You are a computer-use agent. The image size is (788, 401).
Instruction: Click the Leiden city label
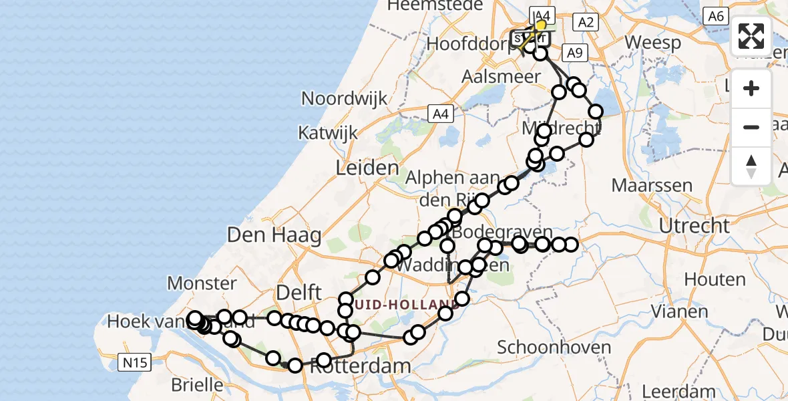coord(368,167)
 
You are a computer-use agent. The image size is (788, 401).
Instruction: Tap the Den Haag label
coord(274,235)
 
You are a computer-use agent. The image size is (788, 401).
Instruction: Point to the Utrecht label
coord(695,225)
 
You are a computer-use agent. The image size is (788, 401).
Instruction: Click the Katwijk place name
coord(328,132)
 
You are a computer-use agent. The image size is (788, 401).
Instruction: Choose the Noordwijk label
coord(344,98)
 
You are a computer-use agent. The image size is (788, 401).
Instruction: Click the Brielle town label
coord(197,385)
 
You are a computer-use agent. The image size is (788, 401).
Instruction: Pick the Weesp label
coord(653,43)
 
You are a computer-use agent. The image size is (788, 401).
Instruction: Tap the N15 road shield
coord(136,363)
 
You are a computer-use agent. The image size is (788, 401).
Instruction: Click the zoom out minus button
coord(751,127)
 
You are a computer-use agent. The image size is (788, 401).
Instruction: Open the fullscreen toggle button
coord(751,36)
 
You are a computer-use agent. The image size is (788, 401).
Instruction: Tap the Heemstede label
coord(444,5)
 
